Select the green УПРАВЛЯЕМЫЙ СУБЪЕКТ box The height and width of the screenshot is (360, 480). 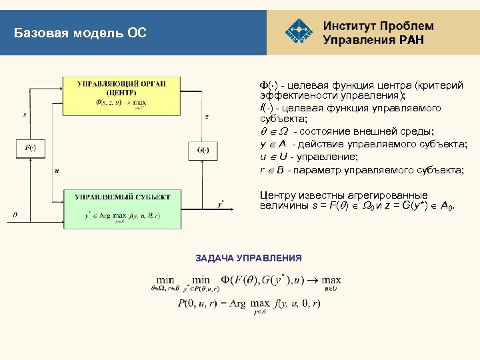point(122,209)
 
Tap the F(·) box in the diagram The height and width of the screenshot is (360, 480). point(30,148)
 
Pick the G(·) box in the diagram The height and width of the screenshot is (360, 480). point(203,149)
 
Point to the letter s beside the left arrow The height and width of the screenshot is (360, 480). point(25,115)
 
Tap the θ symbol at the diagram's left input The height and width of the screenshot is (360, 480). point(15,215)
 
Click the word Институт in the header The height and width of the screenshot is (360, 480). point(349,26)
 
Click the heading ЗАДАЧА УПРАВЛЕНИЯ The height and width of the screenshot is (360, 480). point(249,258)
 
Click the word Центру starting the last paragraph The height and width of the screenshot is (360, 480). point(276,195)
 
